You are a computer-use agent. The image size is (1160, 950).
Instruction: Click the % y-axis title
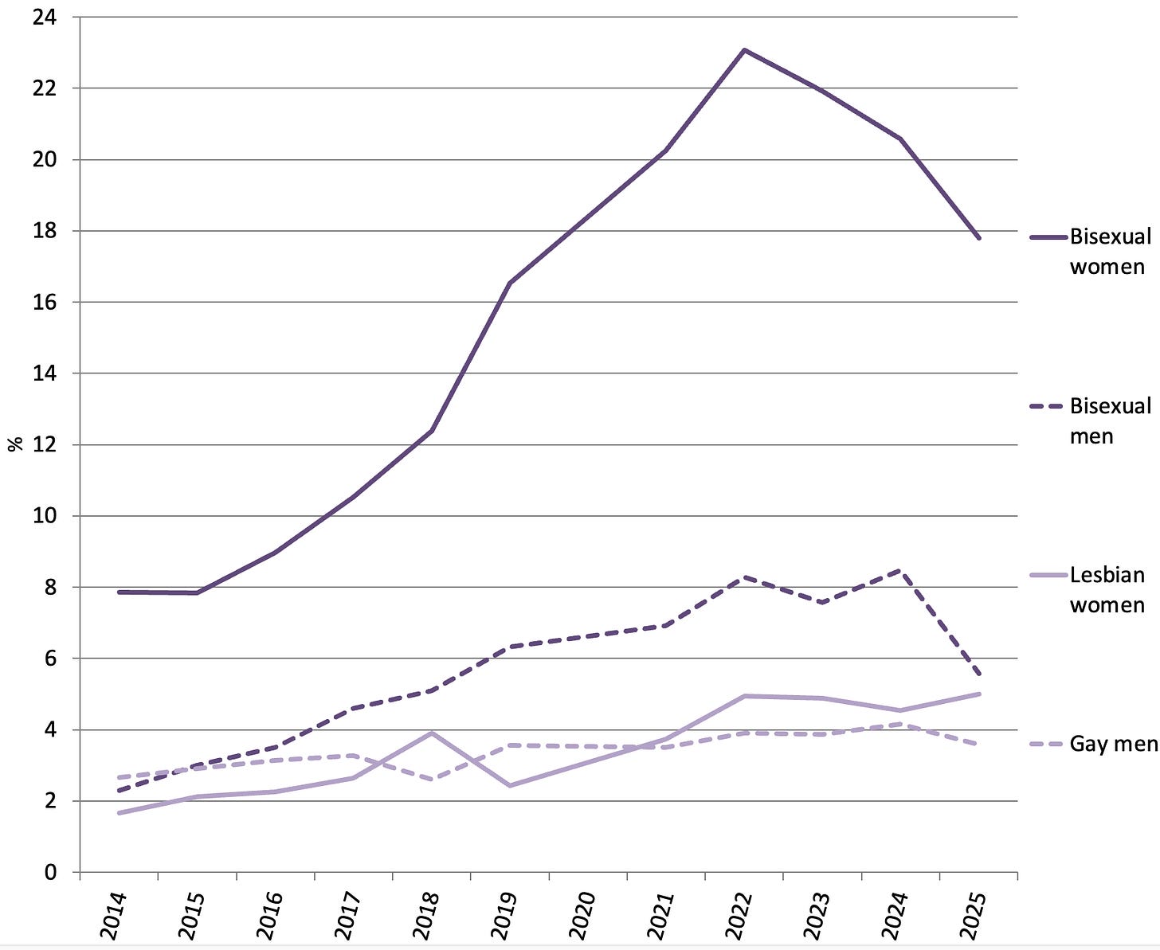(x=15, y=444)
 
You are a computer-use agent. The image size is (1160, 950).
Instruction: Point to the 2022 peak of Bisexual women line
(x=744, y=50)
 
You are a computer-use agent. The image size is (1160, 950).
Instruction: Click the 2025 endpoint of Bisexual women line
(x=978, y=238)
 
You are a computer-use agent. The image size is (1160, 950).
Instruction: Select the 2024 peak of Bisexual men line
(x=900, y=570)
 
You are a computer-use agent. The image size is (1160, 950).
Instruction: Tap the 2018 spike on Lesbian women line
(x=432, y=733)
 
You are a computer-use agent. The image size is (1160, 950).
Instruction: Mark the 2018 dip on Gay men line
(x=432, y=780)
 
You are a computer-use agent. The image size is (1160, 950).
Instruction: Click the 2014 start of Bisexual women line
(x=119, y=592)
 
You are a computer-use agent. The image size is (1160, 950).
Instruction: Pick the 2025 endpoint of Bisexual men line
(x=978, y=674)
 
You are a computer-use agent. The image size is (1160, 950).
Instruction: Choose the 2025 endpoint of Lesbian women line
(x=978, y=694)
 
